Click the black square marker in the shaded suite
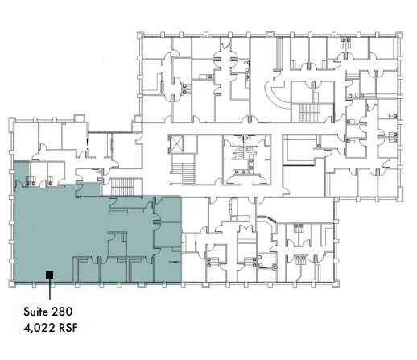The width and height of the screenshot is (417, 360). (49, 275)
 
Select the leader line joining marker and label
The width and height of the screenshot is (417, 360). (49, 289)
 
